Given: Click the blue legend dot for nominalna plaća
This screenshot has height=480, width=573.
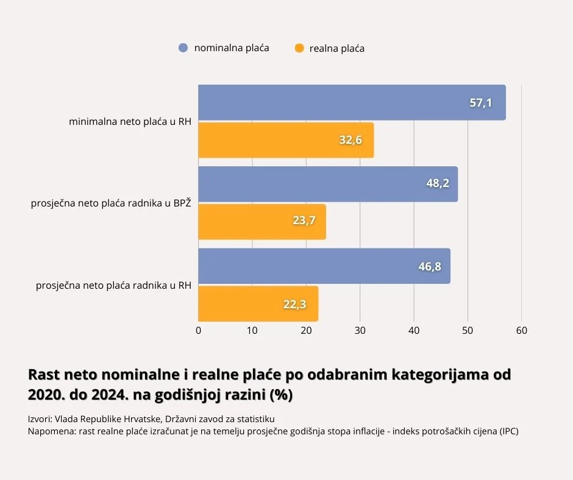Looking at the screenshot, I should point(183,48).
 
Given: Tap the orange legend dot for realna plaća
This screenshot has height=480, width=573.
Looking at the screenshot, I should point(299,48).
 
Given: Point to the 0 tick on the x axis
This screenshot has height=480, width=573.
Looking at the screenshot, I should point(199,331).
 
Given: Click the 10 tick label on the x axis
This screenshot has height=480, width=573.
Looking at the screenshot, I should point(252,331).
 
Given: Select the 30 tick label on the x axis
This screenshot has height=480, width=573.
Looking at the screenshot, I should point(360,331).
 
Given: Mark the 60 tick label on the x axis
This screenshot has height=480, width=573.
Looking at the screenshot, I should point(521,331).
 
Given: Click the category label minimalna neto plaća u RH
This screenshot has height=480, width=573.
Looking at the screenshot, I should point(130,122).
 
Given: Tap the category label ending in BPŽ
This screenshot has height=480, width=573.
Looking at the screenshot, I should point(111,203).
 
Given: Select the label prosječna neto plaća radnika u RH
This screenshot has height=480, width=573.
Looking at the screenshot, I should point(114,284).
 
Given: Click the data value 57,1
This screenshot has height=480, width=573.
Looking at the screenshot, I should point(480,102).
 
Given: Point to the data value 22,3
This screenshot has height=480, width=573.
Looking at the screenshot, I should point(294,304).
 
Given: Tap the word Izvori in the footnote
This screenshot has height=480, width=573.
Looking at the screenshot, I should point(40,419).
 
